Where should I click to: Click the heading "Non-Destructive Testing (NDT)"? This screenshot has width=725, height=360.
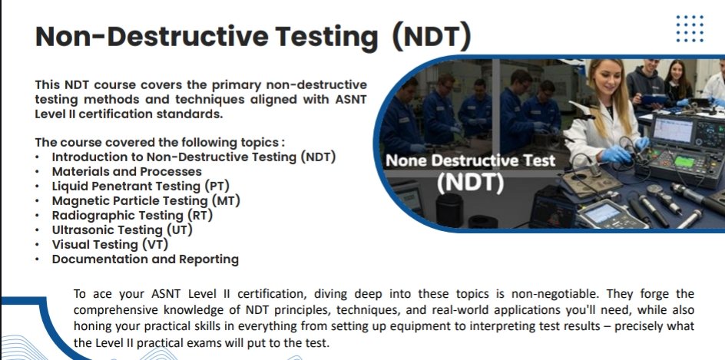pyautogui.click(x=253, y=35)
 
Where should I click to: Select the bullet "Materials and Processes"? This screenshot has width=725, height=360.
pyautogui.click(x=127, y=171)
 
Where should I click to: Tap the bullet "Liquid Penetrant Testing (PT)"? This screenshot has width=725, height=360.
pyautogui.click(x=141, y=186)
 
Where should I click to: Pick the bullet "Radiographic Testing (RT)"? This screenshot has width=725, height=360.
pyautogui.click(x=132, y=215)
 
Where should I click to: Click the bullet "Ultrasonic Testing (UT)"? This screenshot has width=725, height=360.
pyautogui.click(x=122, y=230)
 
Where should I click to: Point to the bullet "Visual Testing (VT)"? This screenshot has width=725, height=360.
pyautogui.click(x=110, y=244)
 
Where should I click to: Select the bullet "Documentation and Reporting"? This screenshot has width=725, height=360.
pyautogui.click(x=145, y=259)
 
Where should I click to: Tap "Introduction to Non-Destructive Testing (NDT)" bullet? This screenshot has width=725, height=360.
pyautogui.click(x=194, y=157)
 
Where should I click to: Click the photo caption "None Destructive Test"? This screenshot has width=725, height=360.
pyautogui.click(x=470, y=161)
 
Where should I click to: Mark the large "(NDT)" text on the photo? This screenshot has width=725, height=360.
pyautogui.click(x=469, y=183)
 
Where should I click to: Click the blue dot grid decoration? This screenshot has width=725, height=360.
pyautogui.click(x=689, y=30)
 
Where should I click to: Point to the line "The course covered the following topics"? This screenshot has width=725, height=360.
pyautogui.click(x=160, y=142)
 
